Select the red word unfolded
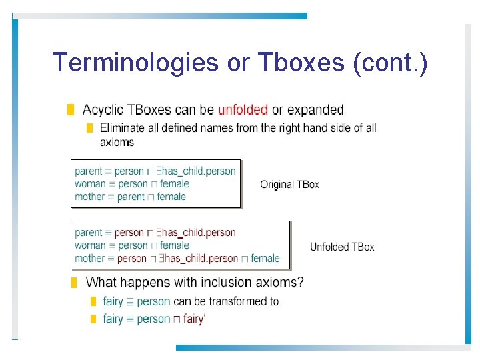click(243, 110)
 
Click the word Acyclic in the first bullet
click(103, 110)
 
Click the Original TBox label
click(289, 184)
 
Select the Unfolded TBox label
click(342, 247)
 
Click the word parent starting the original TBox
click(89, 171)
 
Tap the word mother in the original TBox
click(89, 197)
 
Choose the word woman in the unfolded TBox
click(90, 245)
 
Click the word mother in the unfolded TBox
click(89, 258)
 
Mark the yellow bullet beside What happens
click(74, 283)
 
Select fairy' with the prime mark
click(193, 319)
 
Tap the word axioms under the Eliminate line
click(117, 142)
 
